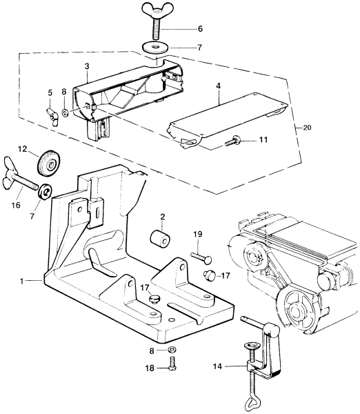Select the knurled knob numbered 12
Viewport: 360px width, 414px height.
tap(49, 164)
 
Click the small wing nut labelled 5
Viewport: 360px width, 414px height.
tap(53, 117)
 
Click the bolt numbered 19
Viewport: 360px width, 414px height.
tap(201, 257)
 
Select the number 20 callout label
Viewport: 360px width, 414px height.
tap(307, 128)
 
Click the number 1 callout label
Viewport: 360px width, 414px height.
tap(22, 282)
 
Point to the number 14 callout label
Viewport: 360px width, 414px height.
tap(218, 366)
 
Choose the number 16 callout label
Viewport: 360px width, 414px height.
tap(16, 205)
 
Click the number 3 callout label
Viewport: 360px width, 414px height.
tap(87, 66)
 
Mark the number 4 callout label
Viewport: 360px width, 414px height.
tap(219, 86)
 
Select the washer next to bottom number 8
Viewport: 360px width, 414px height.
tap(172, 350)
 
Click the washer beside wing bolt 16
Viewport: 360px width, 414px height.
tap(45, 192)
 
